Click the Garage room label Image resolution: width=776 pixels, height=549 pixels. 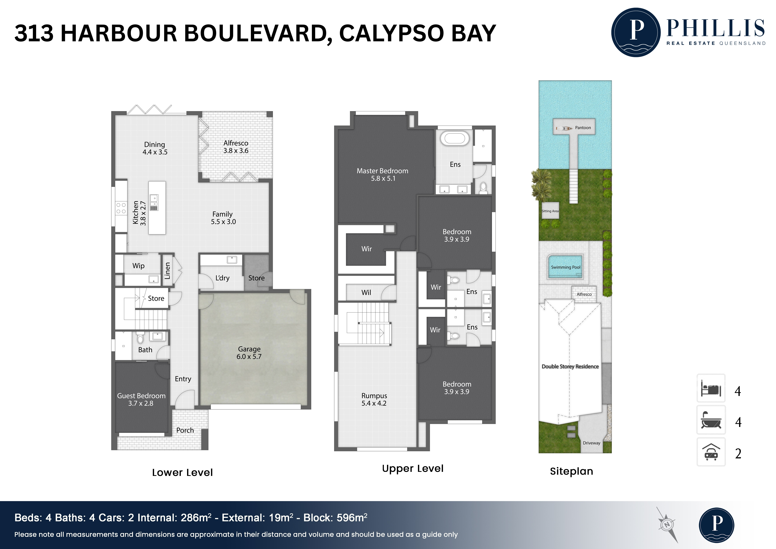click(249, 353)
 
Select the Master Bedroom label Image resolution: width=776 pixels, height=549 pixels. click(383, 174)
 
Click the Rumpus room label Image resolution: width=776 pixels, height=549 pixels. click(374, 399)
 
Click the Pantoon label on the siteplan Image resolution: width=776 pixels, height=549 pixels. click(583, 128)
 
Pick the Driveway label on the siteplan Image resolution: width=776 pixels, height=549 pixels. click(591, 443)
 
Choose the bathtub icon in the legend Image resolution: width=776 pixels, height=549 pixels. click(711, 420)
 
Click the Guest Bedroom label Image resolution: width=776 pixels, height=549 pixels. click(141, 399)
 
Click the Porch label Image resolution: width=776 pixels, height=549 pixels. click(185, 430)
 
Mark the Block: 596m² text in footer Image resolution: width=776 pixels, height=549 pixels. click(335, 518)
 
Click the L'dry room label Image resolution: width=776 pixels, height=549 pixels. click(222, 278)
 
